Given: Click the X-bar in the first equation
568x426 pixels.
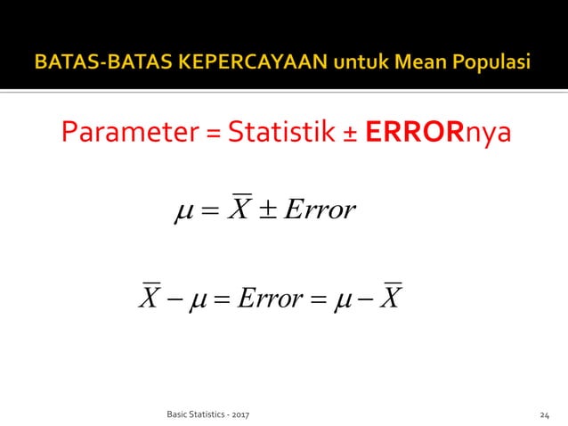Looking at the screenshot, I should (x=239, y=208).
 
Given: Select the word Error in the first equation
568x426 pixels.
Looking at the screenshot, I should (x=322, y=210).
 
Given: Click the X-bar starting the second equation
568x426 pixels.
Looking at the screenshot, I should (x=149, y=296).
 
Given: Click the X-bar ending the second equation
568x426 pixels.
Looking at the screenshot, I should (x=390, y=296).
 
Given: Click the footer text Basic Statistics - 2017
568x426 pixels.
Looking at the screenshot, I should (x=208, y=414).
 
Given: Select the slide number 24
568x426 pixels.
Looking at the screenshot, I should (x=545, y=414).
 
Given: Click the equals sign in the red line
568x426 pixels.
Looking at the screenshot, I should (x=213, y=135).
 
